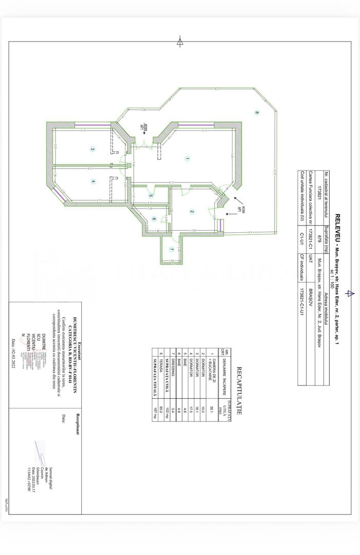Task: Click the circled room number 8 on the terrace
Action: pos(257,113)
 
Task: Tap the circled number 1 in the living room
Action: pos(187,159)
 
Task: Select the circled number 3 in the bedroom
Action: pos(93,150)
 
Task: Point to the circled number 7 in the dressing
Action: pos(93,181)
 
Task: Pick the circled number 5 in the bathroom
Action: pos(151,195)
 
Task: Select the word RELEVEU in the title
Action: pos(338,225)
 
